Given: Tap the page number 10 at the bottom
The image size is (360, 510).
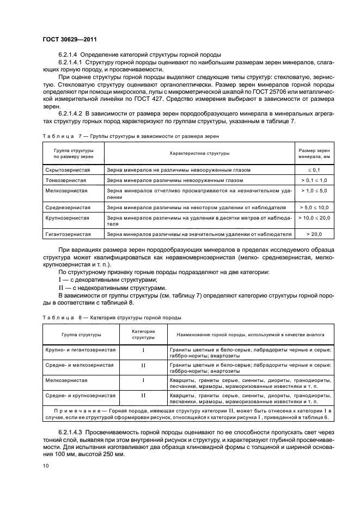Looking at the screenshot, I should (x=46, y=465).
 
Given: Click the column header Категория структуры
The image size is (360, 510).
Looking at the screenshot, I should (x=143, y=335).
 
